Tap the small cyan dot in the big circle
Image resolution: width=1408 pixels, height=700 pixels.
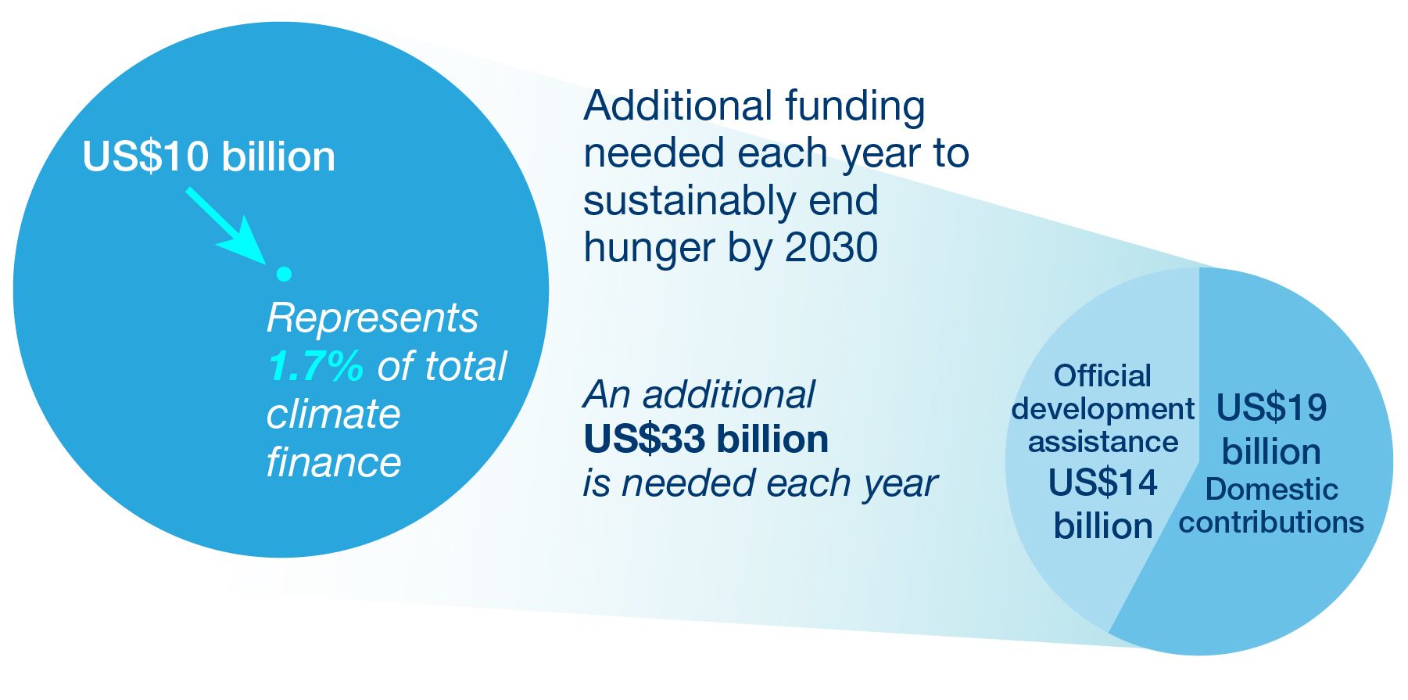pyautogui.click(x=284, y=274)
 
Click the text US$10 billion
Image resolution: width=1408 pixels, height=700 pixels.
pyautogui.click(x=209, y=156)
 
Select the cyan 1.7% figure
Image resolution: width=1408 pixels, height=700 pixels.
pyautogui.click(x=315, y=366)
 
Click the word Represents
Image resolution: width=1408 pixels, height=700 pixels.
pyautogui.click(x=372, y=318)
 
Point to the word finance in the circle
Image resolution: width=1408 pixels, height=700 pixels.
pyautogui.click(x=334, y=462)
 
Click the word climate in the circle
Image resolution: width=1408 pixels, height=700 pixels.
pyautogui.click(x=333, y=414)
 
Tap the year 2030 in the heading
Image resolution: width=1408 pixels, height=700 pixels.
pyautogui.click(x=831, y=248)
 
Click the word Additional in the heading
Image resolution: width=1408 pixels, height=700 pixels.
pyautogui.click(x=678, y=106)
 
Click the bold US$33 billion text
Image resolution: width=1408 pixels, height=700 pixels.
pyautogui.click(x=706, y=440)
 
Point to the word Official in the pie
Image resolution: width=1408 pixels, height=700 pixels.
pyautogui.click(x=1102, y=376)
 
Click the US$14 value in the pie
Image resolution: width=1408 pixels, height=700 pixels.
pyautogui.click(x=1102, y=483)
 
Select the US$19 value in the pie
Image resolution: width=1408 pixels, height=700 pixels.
pyautogui.click(x=1271, y=407)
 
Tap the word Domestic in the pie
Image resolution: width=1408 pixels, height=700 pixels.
pyautogui.click(x=1271, y=490)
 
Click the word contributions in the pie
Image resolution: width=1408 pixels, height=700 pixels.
pyautogui.click(x=1271, y=522)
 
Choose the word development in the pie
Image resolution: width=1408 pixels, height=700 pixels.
pyautogui.click(x=1102, y=410)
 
